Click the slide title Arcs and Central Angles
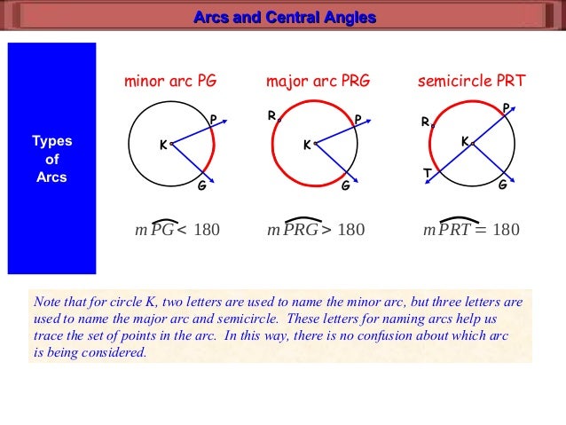click(x=284, y=18)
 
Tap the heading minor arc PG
click(x=169, y=83)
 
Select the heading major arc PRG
click(x=318, y=83)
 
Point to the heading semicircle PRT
click(x=471, y=83)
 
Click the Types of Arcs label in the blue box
click(x=51, y=159)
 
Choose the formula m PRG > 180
click(x=315, y=230)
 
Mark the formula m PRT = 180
click(x=471, y=230)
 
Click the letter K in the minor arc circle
click(x=162, y=145)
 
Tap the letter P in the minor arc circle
click(x=213, y=120)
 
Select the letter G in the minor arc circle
click(x=201, y=186)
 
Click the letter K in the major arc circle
click(x=307, y=145)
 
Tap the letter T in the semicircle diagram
click(x=428, y=174)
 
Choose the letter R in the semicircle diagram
click(x=426, y=122)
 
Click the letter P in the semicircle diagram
click(x=506, y=107)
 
